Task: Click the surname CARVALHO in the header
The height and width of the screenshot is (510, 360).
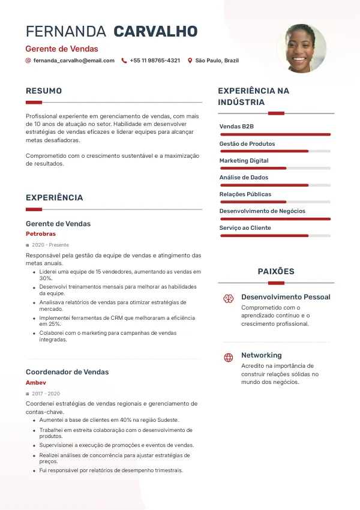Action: pos(155,32)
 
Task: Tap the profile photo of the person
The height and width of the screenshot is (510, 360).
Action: pos(302,49)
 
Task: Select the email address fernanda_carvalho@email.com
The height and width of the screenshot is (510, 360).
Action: pos(74,61)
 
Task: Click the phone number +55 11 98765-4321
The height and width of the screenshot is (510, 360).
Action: pos(155,61)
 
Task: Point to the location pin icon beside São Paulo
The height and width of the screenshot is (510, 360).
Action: pos(190,61)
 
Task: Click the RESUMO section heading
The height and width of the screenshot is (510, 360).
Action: pos(44,91)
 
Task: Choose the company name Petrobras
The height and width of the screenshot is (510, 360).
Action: pos(41,233)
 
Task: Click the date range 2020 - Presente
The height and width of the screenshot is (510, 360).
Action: pos(50,245)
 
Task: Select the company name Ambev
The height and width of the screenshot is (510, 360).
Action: pos(36,382)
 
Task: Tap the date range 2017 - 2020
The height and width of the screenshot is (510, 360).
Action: pos(46,394)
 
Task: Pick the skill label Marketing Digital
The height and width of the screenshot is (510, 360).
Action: pos(244,161)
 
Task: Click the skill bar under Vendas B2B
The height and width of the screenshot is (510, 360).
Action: pos(275,134)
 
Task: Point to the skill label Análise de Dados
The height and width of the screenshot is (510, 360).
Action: pos(244,178)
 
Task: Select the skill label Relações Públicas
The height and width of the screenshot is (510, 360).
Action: pos(245,194)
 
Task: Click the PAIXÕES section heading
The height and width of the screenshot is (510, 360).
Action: pos(276,272)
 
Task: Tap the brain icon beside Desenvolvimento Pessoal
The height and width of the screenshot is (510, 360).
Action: pos(228,298)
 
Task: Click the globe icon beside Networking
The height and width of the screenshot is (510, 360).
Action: pos(228,358)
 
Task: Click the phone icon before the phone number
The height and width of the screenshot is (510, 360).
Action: pos(124,61)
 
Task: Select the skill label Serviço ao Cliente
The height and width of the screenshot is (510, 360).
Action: pos(245,228)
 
